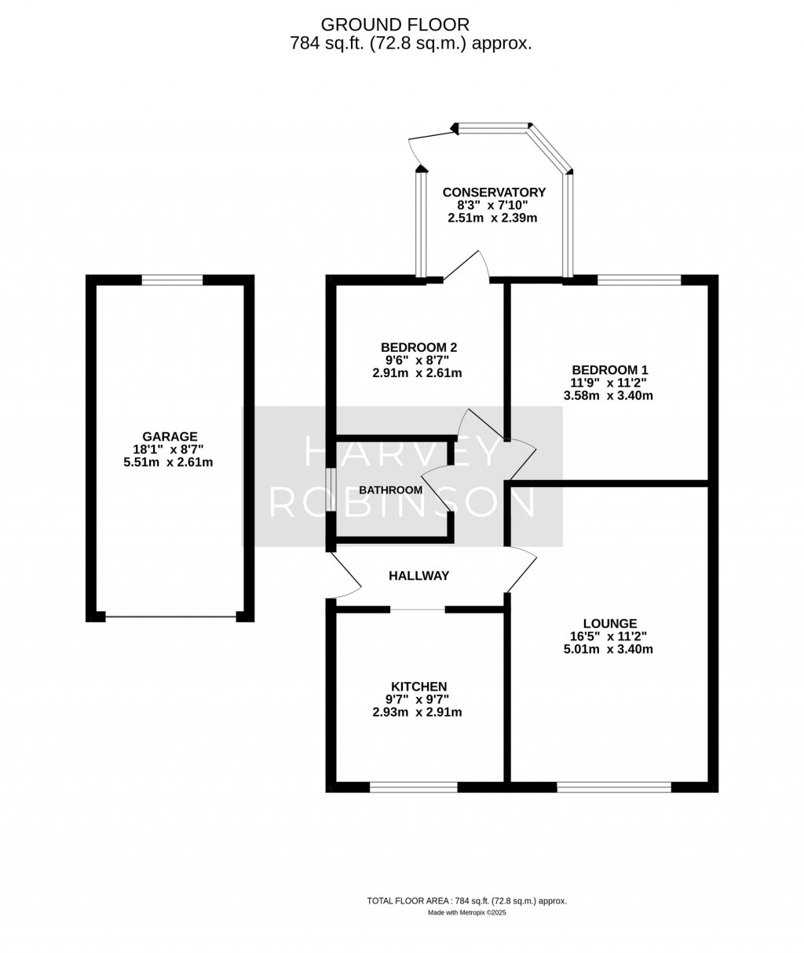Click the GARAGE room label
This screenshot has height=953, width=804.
170,437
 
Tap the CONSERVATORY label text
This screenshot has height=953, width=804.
494,192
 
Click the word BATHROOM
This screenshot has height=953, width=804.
390,490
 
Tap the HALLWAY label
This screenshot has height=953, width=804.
419,576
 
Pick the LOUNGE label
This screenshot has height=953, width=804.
609,624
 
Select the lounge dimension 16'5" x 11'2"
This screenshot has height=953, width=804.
608,636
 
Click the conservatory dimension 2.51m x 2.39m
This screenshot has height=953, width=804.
492,218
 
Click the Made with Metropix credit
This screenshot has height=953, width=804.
468,913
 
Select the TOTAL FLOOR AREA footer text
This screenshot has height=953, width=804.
466,901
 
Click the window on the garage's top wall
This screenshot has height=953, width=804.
172,279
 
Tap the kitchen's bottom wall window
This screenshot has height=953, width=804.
414,786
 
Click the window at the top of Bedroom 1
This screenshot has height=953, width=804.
638,279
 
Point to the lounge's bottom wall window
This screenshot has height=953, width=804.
614,786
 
